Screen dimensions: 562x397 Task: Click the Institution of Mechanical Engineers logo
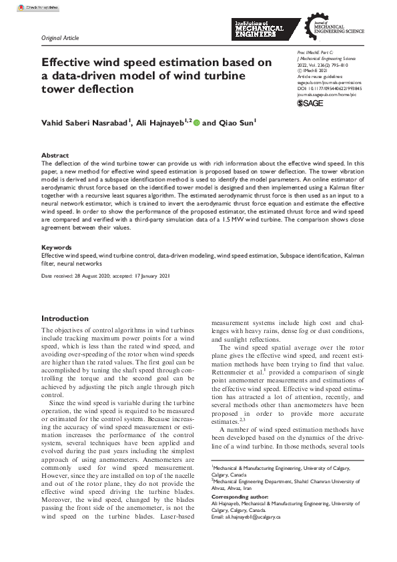point(259,30)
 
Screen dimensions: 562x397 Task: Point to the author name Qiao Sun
point(236,123)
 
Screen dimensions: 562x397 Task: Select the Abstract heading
point(55,155)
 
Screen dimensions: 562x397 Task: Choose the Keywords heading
point(57,247)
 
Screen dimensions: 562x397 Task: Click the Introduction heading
point(65,318)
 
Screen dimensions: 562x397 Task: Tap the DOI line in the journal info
point(328,88)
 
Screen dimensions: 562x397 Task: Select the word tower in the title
point(59,89)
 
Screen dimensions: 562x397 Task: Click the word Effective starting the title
point(67,62)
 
